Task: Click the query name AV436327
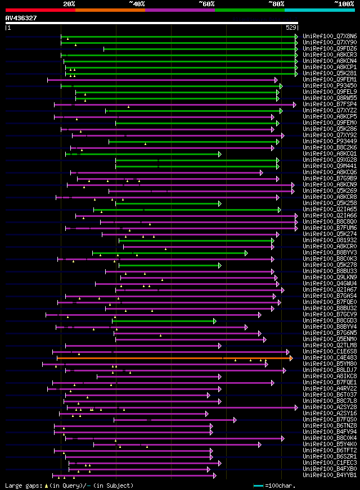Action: (x=21, y=18)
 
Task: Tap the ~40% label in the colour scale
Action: (x=137, y=3)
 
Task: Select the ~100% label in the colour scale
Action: (x=344, y=3)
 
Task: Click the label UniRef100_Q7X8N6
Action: (x=330, y=37)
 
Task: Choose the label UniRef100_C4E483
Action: (x=330, y=358)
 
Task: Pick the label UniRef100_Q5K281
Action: (x=330, y=74)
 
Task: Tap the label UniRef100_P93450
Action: (x=330, y=86)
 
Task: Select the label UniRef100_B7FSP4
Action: (x=330, y=105)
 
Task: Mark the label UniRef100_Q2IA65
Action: (x=330, y=210)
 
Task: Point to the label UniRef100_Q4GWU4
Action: (x=330, y=284)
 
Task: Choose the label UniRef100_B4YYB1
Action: (x=330, y=475)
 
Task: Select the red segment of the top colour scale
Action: (x=39, y=10)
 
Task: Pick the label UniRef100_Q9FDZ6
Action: (x=330, y=49)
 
